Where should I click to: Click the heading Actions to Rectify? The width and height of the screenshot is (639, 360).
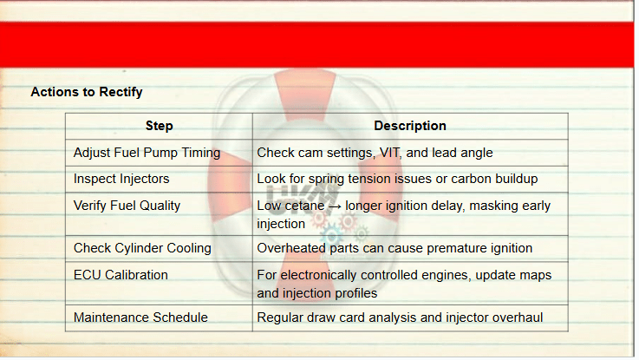pyautogui.click(x=87, y=92)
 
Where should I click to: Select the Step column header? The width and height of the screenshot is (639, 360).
pyautogui.click(x=160, y=126)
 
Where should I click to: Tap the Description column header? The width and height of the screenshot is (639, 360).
pyautogui.click(x=410, y=126)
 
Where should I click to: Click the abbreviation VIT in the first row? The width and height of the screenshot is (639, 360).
pyautogui.click(x=390, y=153)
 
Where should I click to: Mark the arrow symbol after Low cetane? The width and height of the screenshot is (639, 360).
pyautogui.click(x=335, y=206)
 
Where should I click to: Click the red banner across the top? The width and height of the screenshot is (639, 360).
pyautogui.click(x=317, y=45)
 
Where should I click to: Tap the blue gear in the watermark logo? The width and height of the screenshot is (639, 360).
pyautogui.click(x=331, y=236)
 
